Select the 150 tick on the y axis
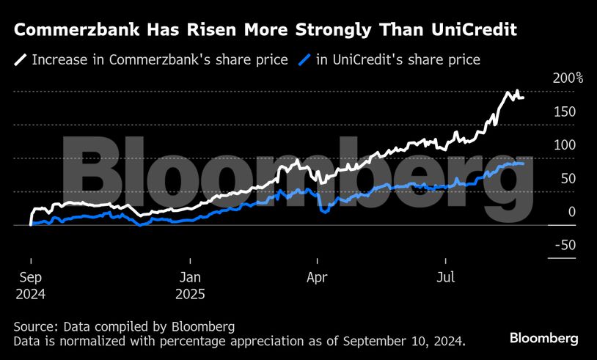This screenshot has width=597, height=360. pos(565,111)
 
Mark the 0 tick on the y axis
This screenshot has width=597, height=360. pos(571,212)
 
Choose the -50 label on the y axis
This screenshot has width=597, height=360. pos(563,245)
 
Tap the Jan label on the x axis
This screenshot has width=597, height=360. pos(190,278)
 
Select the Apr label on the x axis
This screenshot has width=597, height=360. pos(316,278)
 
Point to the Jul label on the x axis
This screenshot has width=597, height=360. pos(444,278)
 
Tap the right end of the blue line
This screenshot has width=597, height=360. pos(523,164)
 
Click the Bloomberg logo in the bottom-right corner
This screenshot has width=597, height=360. pos(543,338)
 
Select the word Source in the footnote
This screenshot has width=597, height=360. pos(35,326)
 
